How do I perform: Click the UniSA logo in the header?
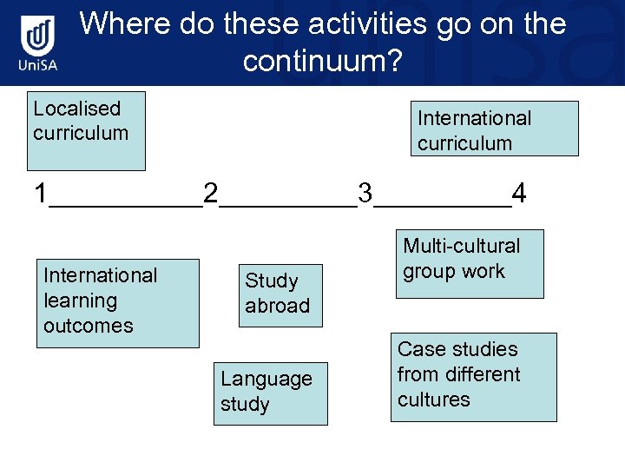click(39, 44)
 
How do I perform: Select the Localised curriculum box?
click(86, 131)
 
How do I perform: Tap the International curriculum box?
click(494, 129)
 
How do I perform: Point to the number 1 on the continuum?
click(41, 193)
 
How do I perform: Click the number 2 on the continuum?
click(210, 193)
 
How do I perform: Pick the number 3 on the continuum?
click(365, 193)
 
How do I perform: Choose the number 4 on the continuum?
click(518, 193)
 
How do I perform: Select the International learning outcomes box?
click(117, 302)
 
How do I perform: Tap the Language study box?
click(270, 393)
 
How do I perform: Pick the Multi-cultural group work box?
click(469, 263)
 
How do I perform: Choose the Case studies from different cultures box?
click(473, 376)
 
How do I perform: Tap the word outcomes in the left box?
click(89, 326)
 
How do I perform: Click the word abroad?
click(277, 306)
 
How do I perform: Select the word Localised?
click(76, 109)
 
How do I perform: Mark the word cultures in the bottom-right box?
click(433, 400)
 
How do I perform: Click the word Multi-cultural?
click(461, 246)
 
